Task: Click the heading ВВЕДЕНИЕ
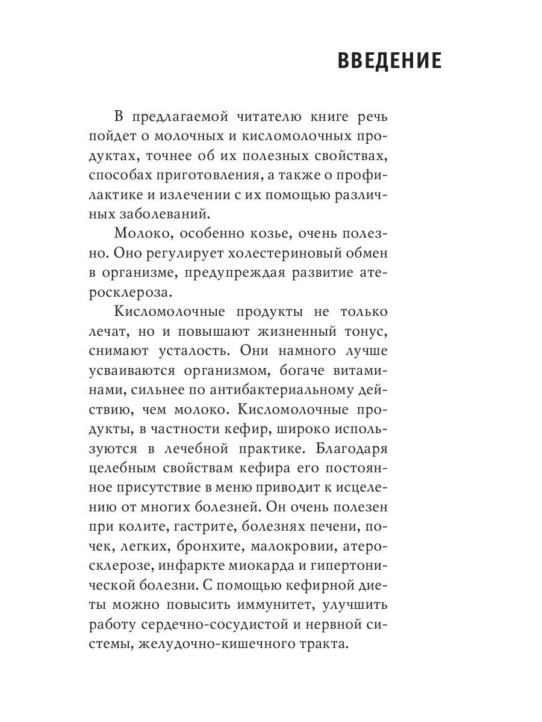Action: (x=389, y=61)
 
